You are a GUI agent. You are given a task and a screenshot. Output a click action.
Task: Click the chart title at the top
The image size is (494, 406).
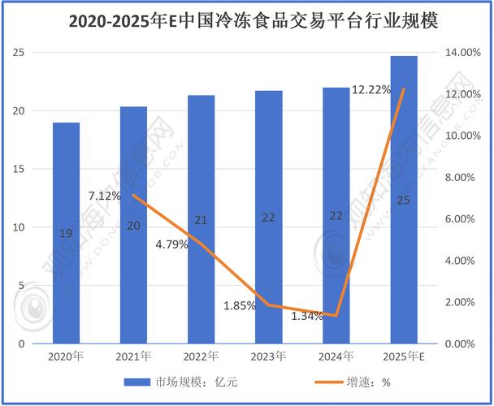coord(246,19)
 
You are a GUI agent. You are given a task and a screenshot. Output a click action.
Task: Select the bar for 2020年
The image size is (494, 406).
coord(67,268)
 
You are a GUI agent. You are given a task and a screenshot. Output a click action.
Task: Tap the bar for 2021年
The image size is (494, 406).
coord(134,276)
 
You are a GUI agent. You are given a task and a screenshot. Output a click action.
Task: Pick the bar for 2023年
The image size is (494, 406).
coord(269,268)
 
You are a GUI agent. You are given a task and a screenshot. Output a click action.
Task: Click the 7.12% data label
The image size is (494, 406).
coord(106,196)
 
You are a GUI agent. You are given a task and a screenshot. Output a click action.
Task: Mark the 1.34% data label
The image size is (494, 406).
coord(307,315)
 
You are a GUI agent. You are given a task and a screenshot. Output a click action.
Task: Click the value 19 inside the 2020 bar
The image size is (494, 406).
coord(67,234)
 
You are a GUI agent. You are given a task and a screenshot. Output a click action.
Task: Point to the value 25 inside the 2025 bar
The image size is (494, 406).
coord(404,199)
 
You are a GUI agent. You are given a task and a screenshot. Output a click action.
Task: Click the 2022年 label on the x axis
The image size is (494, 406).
coord(201,356)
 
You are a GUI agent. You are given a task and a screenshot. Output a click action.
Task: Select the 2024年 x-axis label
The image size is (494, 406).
coord(336,356)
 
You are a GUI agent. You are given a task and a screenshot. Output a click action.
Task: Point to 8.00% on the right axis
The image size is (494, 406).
coord(459,178)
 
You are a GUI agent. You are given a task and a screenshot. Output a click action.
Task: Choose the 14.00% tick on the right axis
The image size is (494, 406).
coord(461,53)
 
